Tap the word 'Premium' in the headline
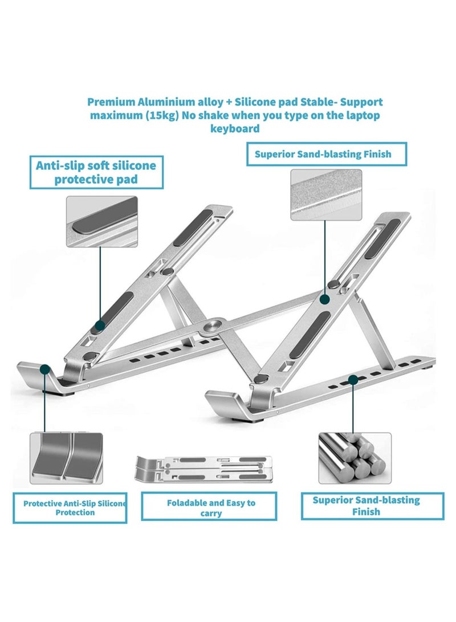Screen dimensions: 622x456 [x=110, y=102]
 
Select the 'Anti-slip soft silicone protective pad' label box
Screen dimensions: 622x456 [x=95, y=173]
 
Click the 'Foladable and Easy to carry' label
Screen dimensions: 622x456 [x=211, y=508]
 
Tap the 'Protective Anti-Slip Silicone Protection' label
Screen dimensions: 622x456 [x=71, y=508]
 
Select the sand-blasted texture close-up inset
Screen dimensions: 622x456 [x=325, y=194]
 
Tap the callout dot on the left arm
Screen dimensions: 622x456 [x=100, y=326]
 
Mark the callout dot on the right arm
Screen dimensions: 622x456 [x=325, y=298]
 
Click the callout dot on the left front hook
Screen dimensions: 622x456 [x=44, y=371]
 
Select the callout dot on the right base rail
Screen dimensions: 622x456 [x=353, y=378]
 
